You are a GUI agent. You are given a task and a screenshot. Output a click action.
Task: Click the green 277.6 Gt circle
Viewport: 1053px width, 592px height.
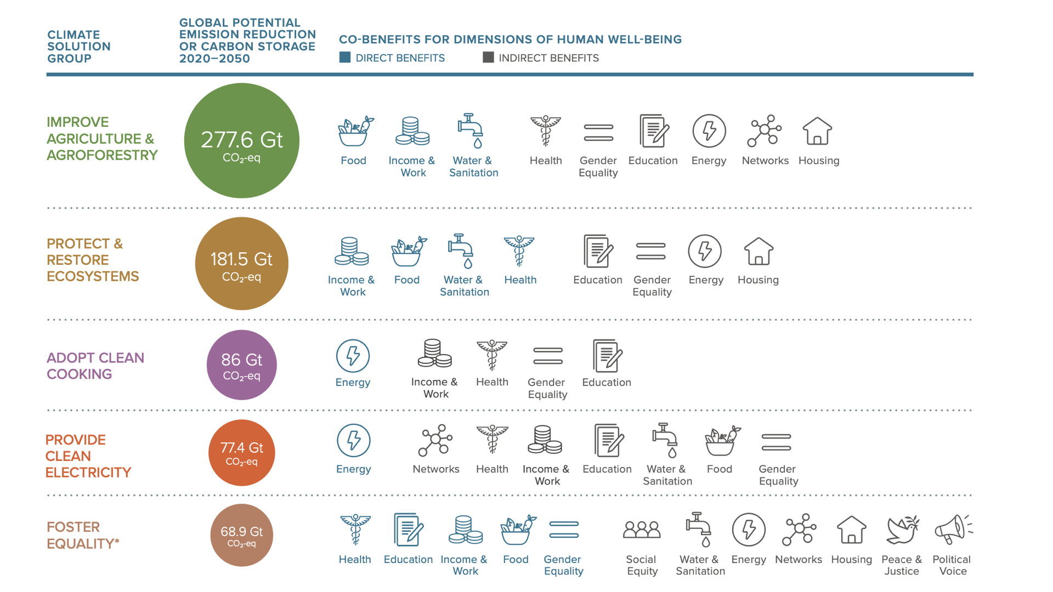point(242,141)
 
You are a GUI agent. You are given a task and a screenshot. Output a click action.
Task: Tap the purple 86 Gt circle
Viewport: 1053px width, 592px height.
point(242,365)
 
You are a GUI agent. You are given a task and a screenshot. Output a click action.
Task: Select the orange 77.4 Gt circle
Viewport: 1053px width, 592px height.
point(242,453)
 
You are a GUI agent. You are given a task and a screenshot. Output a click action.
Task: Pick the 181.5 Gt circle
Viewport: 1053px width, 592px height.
point(242,264)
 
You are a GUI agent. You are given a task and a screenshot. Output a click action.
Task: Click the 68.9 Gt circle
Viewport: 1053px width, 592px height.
point(242,535)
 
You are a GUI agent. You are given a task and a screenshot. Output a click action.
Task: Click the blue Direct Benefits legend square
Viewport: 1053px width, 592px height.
point(345,58)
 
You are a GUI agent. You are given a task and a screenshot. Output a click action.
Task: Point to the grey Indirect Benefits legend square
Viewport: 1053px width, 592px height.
point(488,58)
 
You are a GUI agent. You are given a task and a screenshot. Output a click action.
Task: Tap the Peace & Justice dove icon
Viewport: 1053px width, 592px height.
point(902,530)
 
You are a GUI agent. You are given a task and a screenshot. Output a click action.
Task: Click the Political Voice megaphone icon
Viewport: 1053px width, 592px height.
point(953,530)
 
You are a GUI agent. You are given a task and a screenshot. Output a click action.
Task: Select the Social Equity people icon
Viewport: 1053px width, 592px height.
point(642,530)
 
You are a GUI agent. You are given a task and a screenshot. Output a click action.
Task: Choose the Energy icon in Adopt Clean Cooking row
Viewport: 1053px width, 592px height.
point(353,356)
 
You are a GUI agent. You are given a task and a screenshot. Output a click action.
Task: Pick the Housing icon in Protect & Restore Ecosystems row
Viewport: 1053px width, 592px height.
point(758,252)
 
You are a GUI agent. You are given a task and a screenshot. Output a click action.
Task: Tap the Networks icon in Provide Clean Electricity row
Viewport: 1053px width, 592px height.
point(435,440)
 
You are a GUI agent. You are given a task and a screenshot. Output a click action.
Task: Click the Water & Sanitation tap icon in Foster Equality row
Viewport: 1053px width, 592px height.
point(698,530)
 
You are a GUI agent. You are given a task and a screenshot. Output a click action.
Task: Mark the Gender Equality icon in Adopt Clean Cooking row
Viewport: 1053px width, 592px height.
point(548,356)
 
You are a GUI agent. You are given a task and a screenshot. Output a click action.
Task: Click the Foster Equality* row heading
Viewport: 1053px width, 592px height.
point(82,535)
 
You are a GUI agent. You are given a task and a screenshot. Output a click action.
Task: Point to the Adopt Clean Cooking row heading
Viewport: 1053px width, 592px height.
point(95,366)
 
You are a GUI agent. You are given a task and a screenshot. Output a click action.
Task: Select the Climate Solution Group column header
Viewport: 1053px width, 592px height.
point(79,47)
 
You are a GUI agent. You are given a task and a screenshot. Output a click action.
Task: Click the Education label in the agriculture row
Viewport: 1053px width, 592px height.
point(653,161)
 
